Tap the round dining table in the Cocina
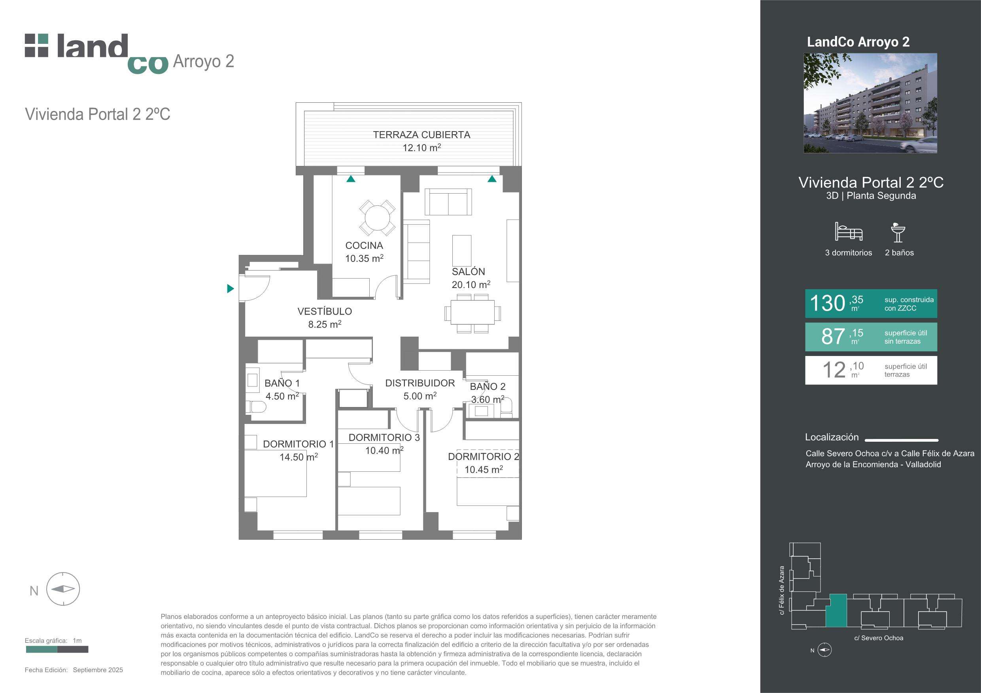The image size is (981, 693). (x=377, y=218)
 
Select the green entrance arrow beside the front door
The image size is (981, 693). (x=230, y=289)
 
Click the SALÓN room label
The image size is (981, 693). (x=468, y=271)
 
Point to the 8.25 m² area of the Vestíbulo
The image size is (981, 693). (x=325, y=324)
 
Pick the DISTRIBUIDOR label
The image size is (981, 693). (x=420, y=383)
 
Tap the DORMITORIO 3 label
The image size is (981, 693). (x=384, y=438)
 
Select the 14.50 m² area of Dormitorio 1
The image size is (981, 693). (x=298, y=457)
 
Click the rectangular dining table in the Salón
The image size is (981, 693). (x=473, y=313)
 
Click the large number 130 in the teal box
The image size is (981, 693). (x=827, y=303)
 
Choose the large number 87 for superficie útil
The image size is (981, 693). (x=833, y=337)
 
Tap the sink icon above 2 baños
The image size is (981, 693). (x=898, y=232)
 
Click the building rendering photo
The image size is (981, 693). (x=870, y=103)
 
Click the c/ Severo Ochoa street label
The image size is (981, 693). (x=879, y=638)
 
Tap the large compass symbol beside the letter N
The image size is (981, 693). (x=63, y=589)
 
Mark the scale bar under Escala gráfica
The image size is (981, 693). (x=57, y=650)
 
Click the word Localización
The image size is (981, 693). (x=832, y=437)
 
